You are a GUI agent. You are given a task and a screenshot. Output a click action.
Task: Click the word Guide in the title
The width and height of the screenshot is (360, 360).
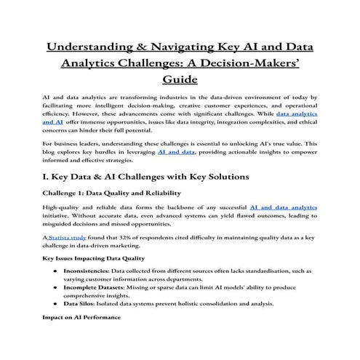[180, 81]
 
